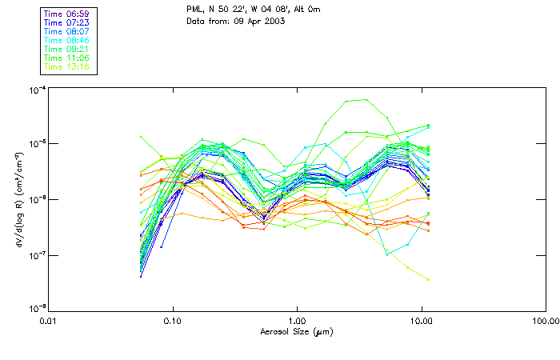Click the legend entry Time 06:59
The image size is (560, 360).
pyautogui.click(x=66, y=13)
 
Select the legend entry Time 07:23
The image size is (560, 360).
pyautogui.click(x=66, y=22)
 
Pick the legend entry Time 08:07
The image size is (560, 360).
pyautogui.click(x=66, y=30)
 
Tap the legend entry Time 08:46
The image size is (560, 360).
pyautogui.click(x=66, y=39)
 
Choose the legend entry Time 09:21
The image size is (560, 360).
pyautogui.click(x=66, y=49)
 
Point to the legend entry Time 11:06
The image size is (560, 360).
pyautogui.click(x=66, y=58)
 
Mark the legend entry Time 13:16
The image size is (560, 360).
pyautogui.click(x=66, y=66)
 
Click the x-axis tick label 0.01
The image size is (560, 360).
pyautogui.click(x=49, y=320)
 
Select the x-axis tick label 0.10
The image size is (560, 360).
pyautogui.click(x=173, y=320)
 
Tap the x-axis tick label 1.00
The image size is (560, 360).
pyautogui.click(x=297, y=320)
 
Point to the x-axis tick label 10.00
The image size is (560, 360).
pyautogui.click(x=421, y=320)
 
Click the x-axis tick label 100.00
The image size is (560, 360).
pyautogui.click(x=543, y=320)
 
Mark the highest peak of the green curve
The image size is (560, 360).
pyautogui.click(x=366, y=100)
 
